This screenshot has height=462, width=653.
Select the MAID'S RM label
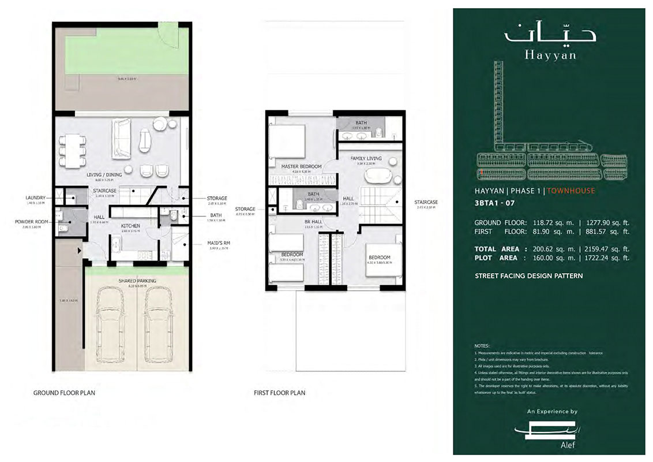pyautogui.click(x=218, y=243)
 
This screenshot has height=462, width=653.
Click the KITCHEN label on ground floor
pyautogui.click(x=131, y=226)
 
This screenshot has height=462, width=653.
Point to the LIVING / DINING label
pyautogui.click(x=104, y=174)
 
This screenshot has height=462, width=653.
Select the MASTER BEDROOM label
pyautogui.click(x=301, y=166)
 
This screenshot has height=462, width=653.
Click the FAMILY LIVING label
pyautogui.click(x=366, y=158)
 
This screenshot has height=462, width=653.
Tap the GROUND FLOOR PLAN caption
pyautogui.click(x=64, y=393)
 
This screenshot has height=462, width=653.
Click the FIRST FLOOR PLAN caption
pyautogui.click(x=279, y=393)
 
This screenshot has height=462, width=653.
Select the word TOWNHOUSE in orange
pyautogui.click(x=571, y=191)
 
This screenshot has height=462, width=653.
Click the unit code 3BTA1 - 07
pyautogui.click(x=494, y=203)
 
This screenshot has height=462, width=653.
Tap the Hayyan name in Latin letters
pyautogui.click(x=550, y=56)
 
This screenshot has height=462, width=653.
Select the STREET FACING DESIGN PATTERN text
pyautogui.click(x=528, y=276)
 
